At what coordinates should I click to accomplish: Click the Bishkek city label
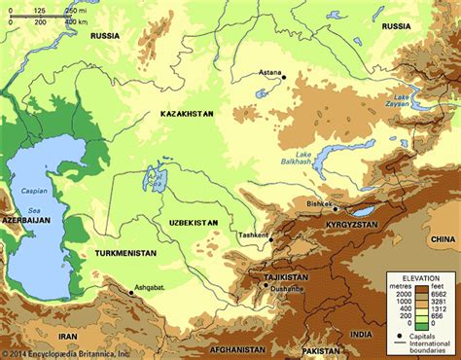(318, 202)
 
